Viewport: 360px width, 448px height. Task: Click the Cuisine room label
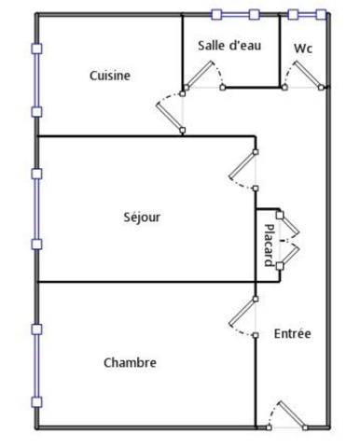pos(110,77)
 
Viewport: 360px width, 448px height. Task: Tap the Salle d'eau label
pos(229,45)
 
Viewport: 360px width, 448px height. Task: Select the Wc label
pos(303,48)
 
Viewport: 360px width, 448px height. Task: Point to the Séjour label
pos(142,217)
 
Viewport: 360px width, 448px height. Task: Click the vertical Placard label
pos(269,245)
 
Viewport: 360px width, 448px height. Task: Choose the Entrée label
pos(293,333)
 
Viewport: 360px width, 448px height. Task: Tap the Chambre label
pos(130,362)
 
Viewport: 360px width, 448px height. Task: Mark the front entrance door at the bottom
pos(285,415)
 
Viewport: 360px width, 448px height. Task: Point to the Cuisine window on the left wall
pos(36,80)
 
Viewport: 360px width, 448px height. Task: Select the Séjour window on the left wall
pos(36,209)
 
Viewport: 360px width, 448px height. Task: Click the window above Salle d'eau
pos(235,15)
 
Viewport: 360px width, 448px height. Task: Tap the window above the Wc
pos(307,15)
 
